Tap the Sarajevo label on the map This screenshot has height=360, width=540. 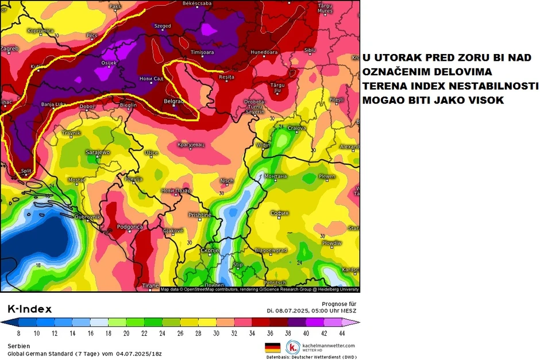pos(97,152)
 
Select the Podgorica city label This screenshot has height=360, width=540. pos(129,227)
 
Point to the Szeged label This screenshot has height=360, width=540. pos(163,26)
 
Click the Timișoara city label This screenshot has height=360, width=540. pos(202,52)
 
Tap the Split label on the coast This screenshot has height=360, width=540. pos(26,171)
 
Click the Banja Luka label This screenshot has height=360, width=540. pos(53,104)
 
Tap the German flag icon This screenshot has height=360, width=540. pos(272,347)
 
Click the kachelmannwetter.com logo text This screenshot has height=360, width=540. pos(328,346)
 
